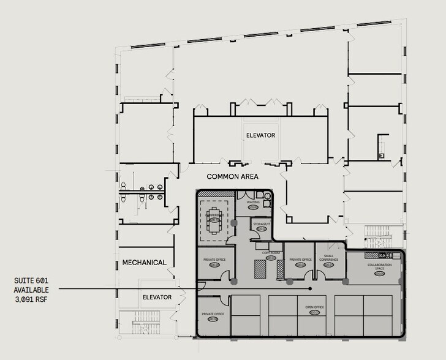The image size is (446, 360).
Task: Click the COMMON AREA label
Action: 232,176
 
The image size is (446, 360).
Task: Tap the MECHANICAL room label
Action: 144,263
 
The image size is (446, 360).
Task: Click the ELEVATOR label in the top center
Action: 260,135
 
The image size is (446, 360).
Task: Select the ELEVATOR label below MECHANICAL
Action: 157,297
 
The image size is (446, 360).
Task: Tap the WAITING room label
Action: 254,201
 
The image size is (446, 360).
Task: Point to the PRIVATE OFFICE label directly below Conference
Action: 214,260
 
